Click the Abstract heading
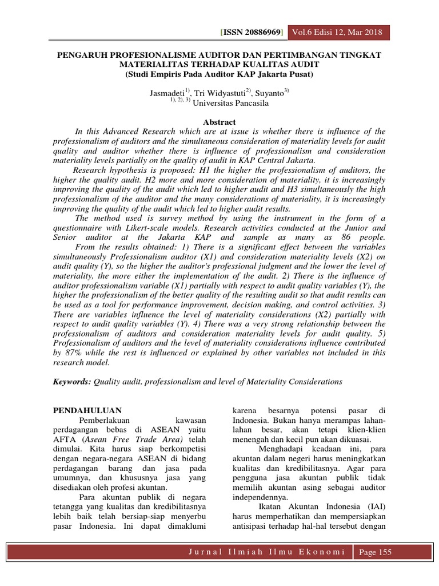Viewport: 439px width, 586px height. [x=220, y=122]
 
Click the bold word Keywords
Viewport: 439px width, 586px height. [x=71, y=381]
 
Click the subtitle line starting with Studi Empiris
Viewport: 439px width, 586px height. [x=219, y=74]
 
